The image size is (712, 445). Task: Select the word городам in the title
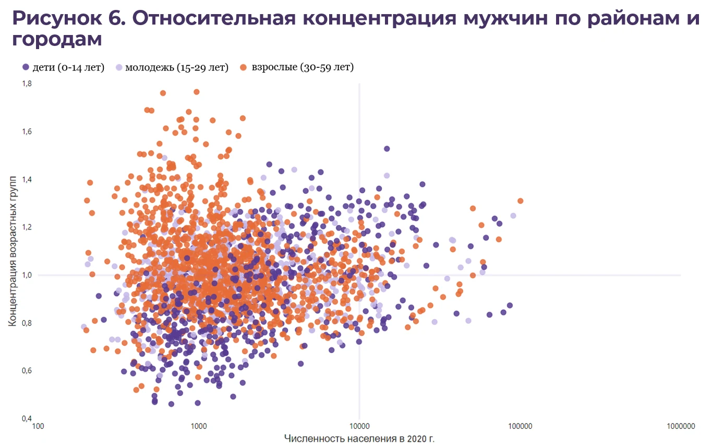tap(57, 39)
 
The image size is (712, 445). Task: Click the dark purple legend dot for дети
tap(26, 67)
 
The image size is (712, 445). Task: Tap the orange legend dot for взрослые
tap(243, 67)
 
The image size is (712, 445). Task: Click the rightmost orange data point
tap(520, 201)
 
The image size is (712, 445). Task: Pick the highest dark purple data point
tap(387, 149)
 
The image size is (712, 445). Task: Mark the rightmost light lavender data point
tap(513, 216)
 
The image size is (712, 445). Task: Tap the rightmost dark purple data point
tap(510, 306)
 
